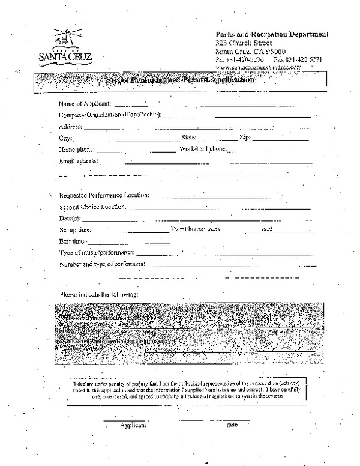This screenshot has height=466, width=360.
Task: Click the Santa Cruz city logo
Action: pyautogui.click(x=65, y=44)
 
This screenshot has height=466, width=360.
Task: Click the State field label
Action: pyautogui.click(x=188, y=138)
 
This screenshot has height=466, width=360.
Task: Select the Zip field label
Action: pyautogui.click(x=245, y=138)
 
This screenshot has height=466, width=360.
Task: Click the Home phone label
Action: pyautogui.click(x=76, y=149)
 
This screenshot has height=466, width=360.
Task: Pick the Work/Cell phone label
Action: pyautogui.click(x=202, y=149)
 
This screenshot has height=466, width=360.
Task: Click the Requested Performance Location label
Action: pyautogui.click(x=104, y=196)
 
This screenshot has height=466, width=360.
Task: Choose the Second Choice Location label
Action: pyautogui.click(x=92, y=207)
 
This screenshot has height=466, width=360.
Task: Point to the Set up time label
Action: pyautogui.click(x=76, y=229)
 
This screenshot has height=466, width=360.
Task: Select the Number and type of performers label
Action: pyautogui.click(x=101, y=264)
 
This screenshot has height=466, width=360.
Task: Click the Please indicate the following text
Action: pyautogui.click(x=98, y=295)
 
